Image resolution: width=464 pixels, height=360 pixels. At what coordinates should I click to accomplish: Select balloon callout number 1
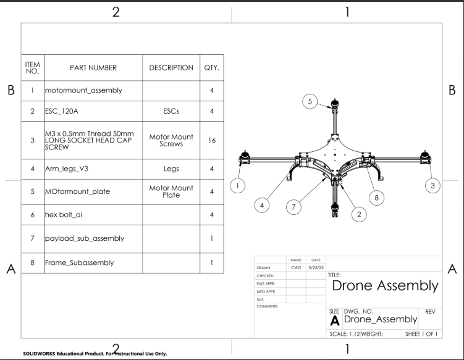[x=237, y=185]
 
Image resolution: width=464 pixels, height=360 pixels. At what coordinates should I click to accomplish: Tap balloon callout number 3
[x=432, y=185]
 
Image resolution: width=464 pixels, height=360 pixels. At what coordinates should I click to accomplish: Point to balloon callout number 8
[x=376, y=198]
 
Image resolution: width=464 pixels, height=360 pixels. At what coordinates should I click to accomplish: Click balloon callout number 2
[x=359, y=214]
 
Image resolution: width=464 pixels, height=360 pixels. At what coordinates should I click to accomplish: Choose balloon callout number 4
[x=264, y=204]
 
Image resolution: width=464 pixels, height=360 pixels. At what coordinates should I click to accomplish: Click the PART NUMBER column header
[x=93, y=67]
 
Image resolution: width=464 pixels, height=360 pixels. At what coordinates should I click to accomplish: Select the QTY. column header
[x=211, y=67]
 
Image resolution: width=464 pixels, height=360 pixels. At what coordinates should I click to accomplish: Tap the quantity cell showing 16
[x=211, y=140]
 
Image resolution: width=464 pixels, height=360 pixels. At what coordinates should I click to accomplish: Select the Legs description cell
[x=171, y=168]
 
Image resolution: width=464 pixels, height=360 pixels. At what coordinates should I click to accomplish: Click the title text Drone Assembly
[x=385, y=286]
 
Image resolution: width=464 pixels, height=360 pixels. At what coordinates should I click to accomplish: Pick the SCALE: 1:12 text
[x=343, y=334]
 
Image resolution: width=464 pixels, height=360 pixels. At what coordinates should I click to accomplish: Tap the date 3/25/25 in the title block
[x=315, y=267]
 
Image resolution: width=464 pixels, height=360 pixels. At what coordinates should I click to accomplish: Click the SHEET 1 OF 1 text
[x=421, y=334]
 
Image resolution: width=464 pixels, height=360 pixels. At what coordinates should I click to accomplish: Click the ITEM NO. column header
[x=32, y=67]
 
